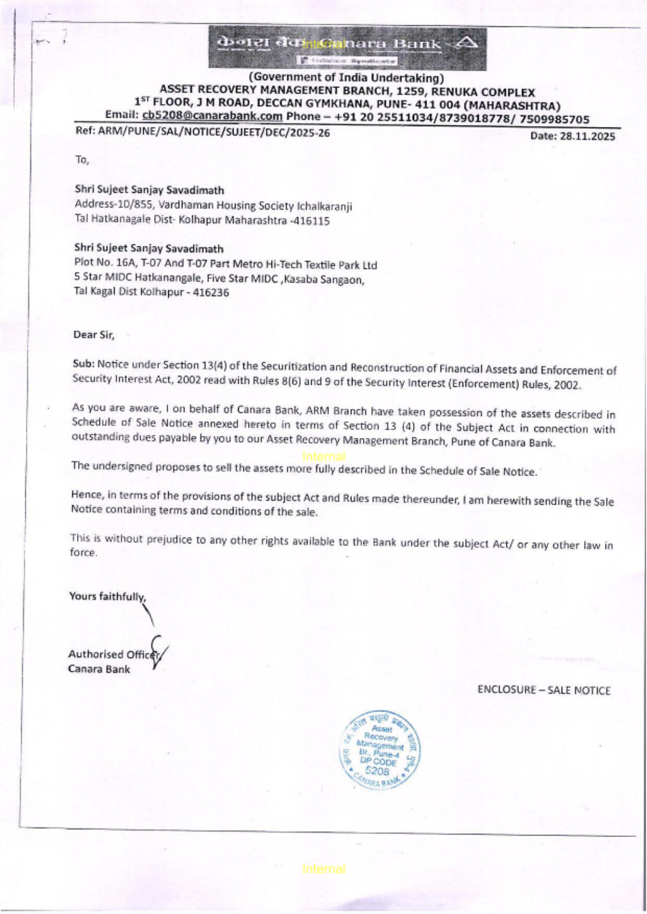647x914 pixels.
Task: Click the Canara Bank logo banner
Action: pos(347,48)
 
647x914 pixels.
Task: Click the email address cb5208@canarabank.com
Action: pos(212,116)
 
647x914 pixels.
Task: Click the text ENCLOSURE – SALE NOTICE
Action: pos(543,690)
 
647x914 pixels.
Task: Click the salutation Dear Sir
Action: pos(93,334)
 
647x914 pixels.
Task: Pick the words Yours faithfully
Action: pos(107,596)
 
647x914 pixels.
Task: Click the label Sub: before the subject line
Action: pos(83,364)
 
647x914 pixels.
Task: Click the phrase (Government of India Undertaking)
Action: pos(347,78)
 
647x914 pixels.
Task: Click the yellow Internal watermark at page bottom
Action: pos(323,869)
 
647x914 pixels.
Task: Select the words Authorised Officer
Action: pos(111,654)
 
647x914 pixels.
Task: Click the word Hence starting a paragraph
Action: pos(87,495)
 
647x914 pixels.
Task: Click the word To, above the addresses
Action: pos(82,160)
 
